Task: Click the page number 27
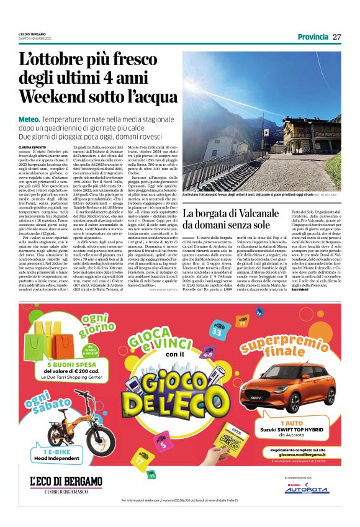(337, 37)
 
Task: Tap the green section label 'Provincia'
(313, 37)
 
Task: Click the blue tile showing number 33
(217, 331)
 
